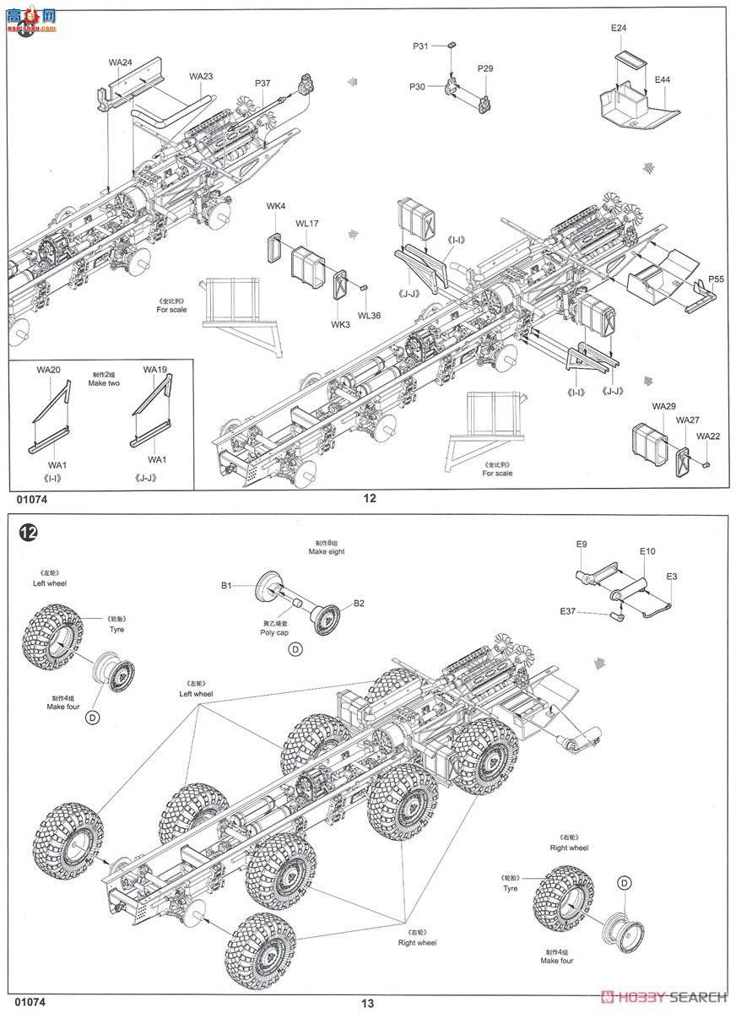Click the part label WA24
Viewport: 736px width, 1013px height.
[121, 62]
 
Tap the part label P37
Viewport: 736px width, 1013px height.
[262, 83]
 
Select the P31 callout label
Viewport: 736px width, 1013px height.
[421, 46]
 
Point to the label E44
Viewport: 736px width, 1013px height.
[663, 79]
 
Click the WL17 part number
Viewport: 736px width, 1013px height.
[306, 224]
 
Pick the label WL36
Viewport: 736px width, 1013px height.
[369, 316]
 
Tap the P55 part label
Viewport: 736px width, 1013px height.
[717, 279]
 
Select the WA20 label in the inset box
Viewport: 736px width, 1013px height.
[48, 370]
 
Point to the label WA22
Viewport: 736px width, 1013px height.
[708, 436]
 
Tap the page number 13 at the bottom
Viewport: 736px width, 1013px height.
[367, 1003]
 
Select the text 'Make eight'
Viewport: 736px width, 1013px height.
[327, 551]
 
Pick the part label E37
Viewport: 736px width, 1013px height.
[568, 611]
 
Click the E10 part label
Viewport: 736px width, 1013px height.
[647, 551]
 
